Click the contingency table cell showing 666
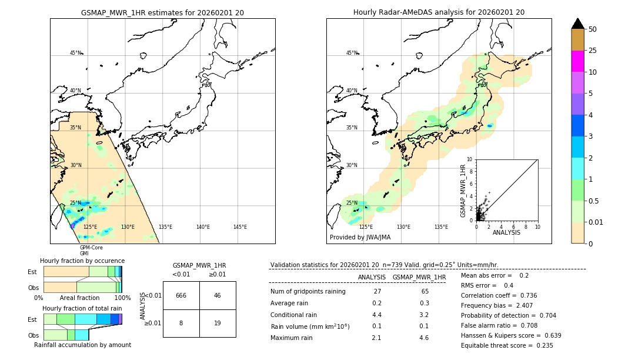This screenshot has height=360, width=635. (x=181, y=295)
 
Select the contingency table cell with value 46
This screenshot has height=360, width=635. (x=218, y=295)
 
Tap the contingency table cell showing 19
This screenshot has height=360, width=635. (x=218, y=323)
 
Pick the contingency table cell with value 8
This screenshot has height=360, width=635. (x=181, y=323)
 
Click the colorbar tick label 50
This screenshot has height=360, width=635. (x=593, y=29)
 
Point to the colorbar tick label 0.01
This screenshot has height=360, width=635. (x=596, y=222)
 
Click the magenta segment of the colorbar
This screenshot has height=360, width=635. (x=577, y=61)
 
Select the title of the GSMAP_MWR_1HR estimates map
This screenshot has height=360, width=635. (x=162, y=12)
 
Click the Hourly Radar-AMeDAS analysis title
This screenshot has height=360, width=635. (x=439, y=12)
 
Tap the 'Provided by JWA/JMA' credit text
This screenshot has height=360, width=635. (x=360, y=238)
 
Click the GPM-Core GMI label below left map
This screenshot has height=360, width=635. (x=91, y=251)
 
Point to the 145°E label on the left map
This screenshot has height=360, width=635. (x=240, y=227)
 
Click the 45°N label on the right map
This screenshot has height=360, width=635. (x=352, y=53)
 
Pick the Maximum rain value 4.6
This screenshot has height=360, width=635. (x=423, y=338)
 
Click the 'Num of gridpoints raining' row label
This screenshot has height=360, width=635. (x=308, y=291)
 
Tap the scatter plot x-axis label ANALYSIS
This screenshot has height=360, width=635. (x=506, y=232)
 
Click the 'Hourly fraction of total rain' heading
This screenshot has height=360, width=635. (x=82, y=308)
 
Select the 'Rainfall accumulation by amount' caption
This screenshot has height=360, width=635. (x=82, y=345)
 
